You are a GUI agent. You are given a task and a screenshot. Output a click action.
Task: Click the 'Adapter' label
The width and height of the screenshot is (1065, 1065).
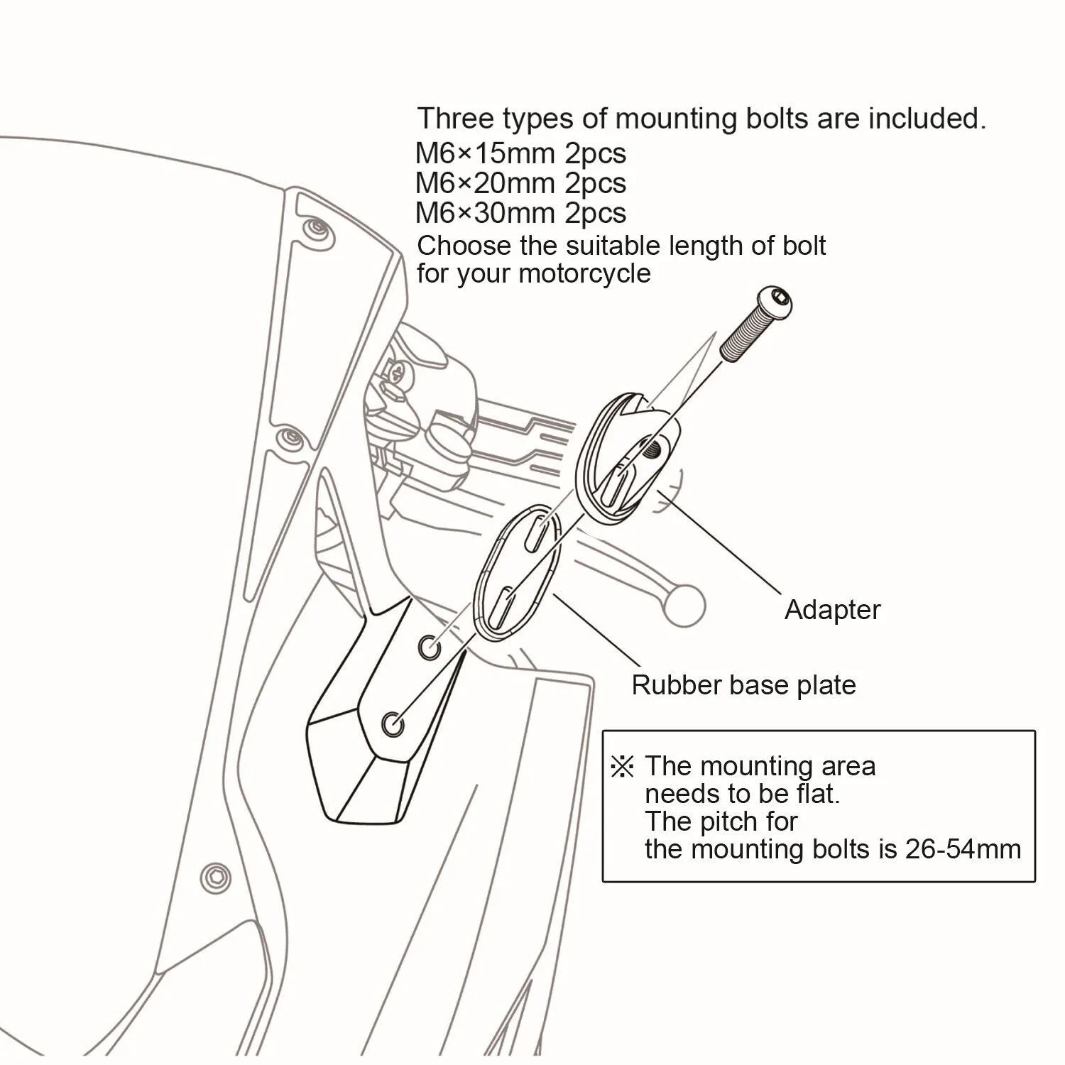(x=831, y=610)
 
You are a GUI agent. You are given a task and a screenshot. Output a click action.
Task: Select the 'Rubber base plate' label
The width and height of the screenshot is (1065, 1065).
(x=743, y=685)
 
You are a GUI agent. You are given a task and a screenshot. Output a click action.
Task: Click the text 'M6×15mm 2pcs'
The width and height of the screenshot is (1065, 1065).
(x=520, y=153)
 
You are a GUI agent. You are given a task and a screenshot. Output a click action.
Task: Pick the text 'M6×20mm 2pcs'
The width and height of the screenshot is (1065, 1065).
(x=520, y=183)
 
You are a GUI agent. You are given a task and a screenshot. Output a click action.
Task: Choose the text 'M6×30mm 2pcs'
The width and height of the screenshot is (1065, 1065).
(x=520, y=213)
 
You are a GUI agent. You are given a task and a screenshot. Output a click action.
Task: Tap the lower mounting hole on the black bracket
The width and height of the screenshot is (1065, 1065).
(x=391, y=725)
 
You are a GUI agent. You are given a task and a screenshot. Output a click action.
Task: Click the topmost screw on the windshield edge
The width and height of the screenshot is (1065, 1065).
(x=315, y=229)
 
